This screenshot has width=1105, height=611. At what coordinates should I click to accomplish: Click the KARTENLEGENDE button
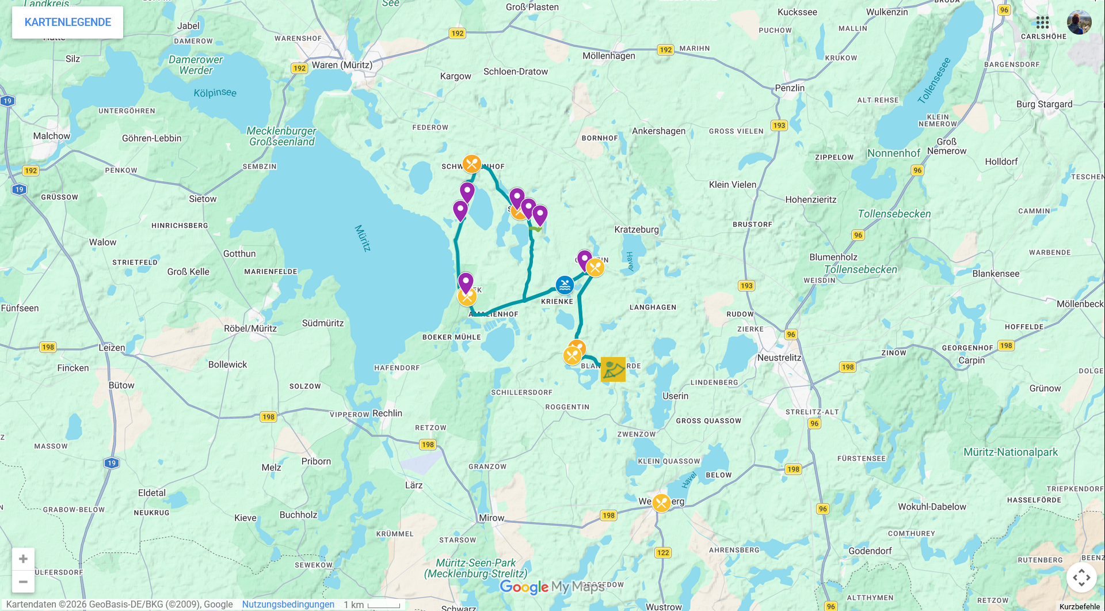coord(67,22)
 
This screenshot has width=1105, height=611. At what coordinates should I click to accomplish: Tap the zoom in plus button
coord(23,559)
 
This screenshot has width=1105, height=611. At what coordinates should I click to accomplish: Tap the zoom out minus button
coord(23,582)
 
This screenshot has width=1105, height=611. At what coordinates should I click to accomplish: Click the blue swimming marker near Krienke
coord(565,284)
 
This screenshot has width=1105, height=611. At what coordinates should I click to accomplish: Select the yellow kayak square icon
coord(613,369)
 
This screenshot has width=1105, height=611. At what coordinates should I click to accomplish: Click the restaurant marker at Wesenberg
coord(661,503)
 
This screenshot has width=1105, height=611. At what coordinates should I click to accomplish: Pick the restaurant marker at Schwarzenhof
coord(472,164)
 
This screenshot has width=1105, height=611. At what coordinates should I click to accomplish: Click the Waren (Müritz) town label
coord(342,65)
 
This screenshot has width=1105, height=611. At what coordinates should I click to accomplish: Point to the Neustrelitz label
coord(779,358)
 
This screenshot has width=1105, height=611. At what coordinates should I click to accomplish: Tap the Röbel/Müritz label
coord(250,329)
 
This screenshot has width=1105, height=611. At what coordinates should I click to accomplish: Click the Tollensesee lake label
coord(933,81)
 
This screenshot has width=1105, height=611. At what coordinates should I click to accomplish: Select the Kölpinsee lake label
coord(215,93)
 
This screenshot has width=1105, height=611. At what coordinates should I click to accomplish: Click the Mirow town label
coord(491,518)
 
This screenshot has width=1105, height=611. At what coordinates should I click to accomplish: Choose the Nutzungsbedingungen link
coord(288,604)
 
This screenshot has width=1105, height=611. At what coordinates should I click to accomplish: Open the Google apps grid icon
coord(1042,22)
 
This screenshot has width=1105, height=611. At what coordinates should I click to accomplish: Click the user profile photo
coord(1079,22)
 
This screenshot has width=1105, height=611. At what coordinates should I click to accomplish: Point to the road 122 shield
coord(663,553)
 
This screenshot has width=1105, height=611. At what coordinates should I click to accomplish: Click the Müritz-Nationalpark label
coord(1011,452)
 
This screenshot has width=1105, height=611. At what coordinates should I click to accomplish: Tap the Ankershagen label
coord(658,131)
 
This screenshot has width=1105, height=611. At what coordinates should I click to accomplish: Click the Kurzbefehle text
coord(1080,606)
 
